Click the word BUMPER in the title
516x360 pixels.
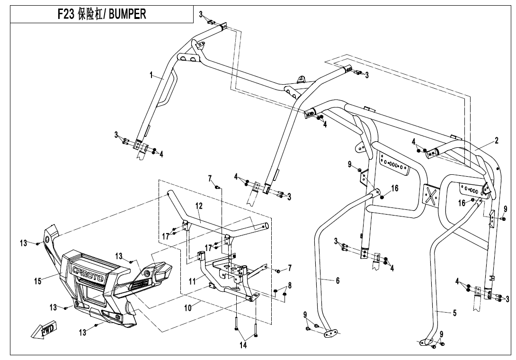[127, 14]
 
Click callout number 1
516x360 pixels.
[151, 75]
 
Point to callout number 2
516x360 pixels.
[496, 140]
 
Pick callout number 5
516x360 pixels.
[454, 313]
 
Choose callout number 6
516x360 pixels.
[338, 281]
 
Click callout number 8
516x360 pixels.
[290, 285]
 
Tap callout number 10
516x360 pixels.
[188, 308]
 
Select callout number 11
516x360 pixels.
[192, 281]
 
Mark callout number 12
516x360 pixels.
[199, 206]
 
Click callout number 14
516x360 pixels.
[243, 346]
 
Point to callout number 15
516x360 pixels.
[38, 281]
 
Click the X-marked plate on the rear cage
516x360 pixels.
[431, 195]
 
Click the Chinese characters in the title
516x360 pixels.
[90, 14]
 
